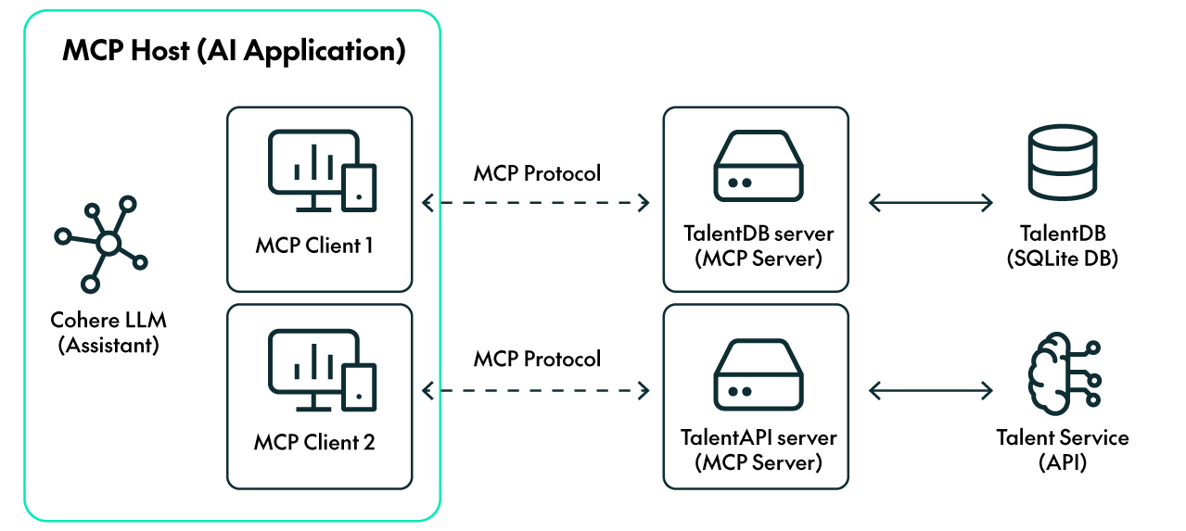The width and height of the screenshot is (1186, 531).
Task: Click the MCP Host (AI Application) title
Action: (x=233, y=51)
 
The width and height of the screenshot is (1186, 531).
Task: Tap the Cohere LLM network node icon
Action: (x=101, y=243)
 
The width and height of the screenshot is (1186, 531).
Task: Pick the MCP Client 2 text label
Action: (x=314, y=442)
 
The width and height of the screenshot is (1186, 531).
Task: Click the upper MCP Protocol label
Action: (x=537, y=173)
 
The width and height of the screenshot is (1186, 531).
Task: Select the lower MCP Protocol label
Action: (x=537, y=359)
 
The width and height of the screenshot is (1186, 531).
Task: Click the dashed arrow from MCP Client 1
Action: (x=536, y=202)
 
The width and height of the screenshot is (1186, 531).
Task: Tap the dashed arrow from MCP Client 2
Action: (x=536, y=392)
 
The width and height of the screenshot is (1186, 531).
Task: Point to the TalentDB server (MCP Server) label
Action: (x=758, y=246)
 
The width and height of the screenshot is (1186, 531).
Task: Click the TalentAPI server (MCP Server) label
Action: (x=758, y=449)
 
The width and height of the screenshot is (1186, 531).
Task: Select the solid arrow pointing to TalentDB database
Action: (x=930, y=202)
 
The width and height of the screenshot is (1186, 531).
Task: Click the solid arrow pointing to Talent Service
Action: (x=930, y=392)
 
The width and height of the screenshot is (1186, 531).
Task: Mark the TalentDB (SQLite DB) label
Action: (x=1062, y=246)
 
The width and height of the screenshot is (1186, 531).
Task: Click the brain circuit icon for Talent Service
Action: (x=1063, y=373)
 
